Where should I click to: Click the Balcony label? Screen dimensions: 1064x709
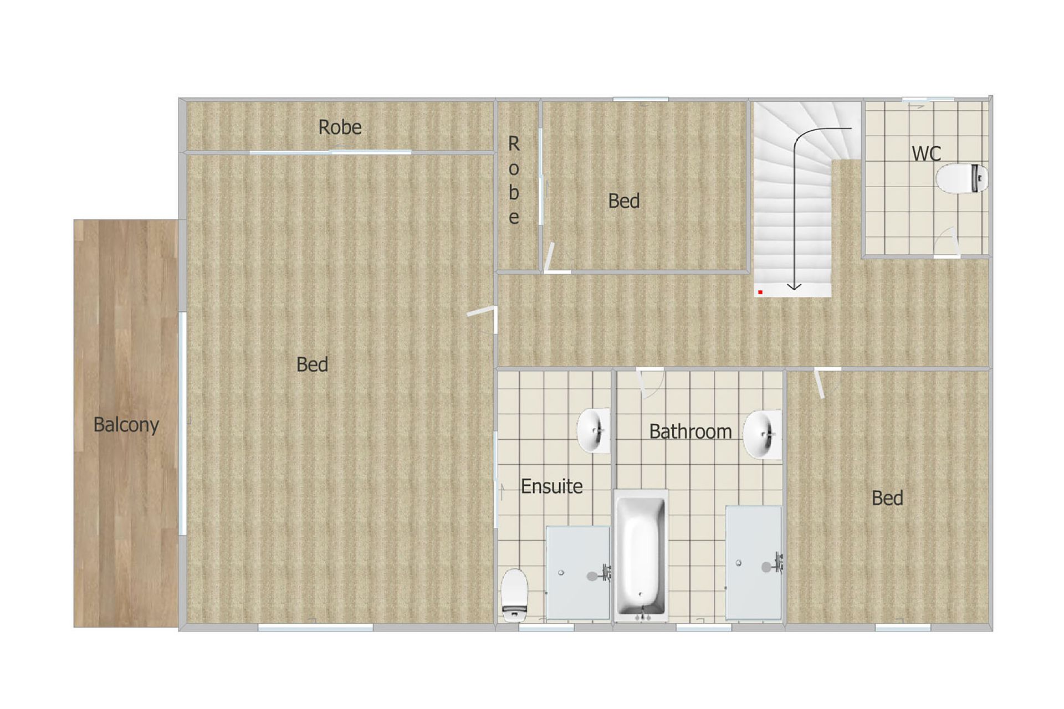126,425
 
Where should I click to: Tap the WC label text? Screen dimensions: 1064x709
926,153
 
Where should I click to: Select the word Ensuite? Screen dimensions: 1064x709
551,486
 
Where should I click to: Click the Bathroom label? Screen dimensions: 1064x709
690,431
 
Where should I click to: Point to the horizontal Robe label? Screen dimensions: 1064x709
340,127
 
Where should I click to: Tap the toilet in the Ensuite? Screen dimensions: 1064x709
515,595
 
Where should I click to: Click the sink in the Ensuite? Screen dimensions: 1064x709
594,430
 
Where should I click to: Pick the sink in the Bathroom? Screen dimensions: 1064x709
763,434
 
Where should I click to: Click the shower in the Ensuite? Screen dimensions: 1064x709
579,573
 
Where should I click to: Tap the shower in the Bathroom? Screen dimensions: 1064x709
754,563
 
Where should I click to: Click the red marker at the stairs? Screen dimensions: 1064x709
760,292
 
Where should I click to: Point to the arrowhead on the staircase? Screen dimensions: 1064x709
794,286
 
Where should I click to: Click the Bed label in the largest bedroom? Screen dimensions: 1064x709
312,364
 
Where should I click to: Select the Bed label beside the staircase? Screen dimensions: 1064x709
624,201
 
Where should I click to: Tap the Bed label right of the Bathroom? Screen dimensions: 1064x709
887,499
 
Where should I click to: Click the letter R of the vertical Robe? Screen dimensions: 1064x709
514,144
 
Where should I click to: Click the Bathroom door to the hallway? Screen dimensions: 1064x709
649,383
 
